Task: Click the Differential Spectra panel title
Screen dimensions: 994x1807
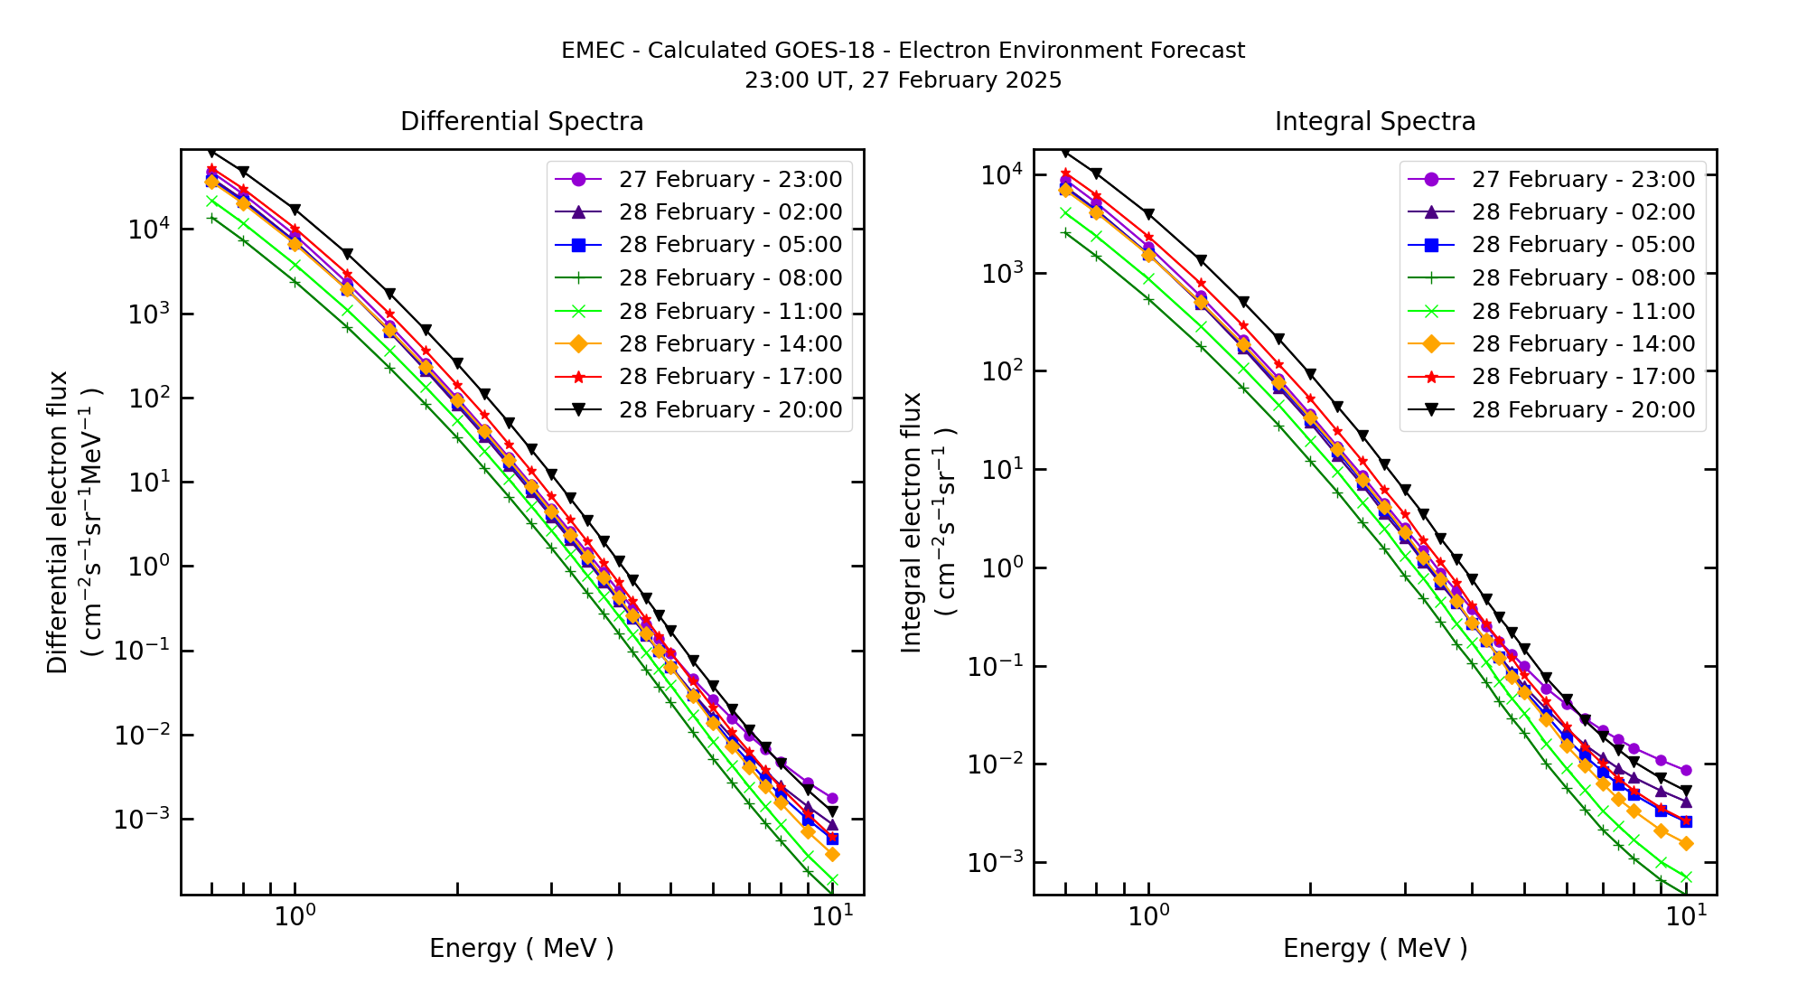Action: point(521,121)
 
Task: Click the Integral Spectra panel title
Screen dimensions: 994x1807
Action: point(1374,121)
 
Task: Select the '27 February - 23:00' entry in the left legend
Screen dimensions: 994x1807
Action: point(729,179)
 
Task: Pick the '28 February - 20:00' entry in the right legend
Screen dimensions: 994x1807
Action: point(1582,409)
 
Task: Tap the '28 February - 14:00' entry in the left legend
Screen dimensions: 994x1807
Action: point(729,343)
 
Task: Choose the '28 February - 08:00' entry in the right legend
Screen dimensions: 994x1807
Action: point(1582,277)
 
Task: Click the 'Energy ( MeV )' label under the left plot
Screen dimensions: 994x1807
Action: point(521,948)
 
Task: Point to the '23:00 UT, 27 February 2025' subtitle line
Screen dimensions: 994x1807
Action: point(903,80)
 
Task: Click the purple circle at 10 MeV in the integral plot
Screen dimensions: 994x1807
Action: point(1686,770)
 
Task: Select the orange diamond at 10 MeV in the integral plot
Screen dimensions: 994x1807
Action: point(1686,843)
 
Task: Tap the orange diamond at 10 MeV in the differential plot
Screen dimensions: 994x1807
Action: point(832,854)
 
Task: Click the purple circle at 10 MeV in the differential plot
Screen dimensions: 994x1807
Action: point(832,799)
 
